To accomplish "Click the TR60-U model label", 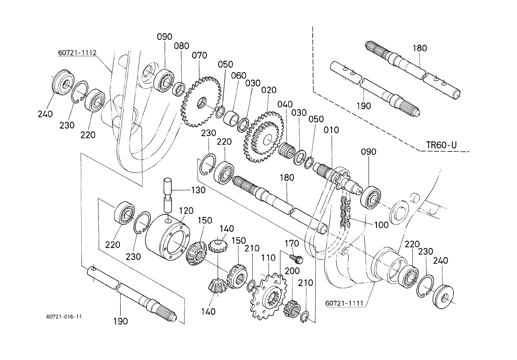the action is [441, 145].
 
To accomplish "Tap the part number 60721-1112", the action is [77, 53].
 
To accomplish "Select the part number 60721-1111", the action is [345, 303].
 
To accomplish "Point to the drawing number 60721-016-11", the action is [64, 316].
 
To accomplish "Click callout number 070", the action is [199, 56].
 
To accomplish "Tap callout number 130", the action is [198, 190].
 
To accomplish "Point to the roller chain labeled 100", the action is [345, 213].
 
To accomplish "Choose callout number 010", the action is [331, 130].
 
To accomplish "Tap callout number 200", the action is [292, 271].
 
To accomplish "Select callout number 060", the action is [239, 75].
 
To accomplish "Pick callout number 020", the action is [269, 90].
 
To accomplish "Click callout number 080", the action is [182, 46].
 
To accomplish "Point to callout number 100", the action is [381, 225].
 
